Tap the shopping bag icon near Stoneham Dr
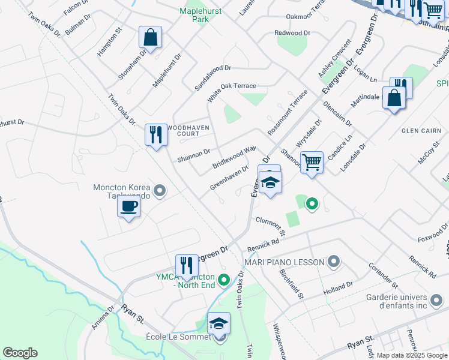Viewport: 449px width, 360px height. [151, 37]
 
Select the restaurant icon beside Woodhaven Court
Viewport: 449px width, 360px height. [156, 134]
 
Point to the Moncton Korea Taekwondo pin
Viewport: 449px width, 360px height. [159, 191]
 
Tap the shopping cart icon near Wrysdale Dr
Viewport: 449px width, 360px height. [312, 162]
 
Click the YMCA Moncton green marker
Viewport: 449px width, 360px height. [224, 280]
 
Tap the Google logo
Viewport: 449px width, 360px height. [20, 353]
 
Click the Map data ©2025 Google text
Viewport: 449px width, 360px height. [412, 355]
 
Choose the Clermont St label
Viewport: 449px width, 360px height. [269, 223]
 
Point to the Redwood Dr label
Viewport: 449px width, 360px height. [292, 32]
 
